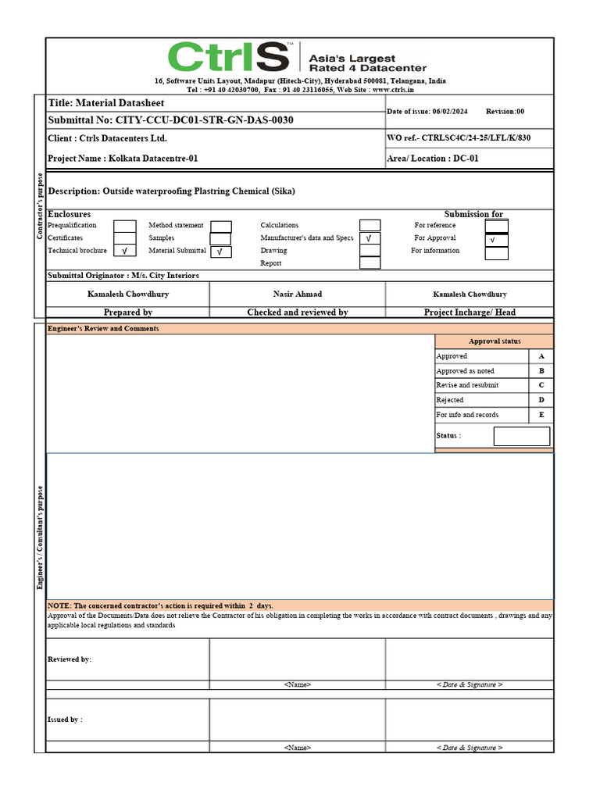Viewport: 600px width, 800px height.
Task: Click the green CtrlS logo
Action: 229,58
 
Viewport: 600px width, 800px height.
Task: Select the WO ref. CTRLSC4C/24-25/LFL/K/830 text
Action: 459,138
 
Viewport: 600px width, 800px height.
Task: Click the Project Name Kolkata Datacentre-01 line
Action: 123,159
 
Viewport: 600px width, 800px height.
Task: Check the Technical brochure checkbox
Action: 125,251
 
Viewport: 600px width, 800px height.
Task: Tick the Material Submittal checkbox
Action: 221,252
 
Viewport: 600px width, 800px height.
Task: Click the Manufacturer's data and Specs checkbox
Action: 370,238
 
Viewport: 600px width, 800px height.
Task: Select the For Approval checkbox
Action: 496,239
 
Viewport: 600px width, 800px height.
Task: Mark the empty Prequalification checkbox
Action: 125,226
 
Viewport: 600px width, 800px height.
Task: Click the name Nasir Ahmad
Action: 297,295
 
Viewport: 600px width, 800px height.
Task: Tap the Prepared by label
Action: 127,312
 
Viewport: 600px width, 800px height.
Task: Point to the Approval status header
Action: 494,341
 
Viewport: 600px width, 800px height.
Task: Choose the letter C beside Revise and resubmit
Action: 541,385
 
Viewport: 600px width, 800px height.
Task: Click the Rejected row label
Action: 450,400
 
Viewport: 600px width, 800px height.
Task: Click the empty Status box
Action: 521,436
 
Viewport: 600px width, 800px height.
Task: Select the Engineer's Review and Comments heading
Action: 103,329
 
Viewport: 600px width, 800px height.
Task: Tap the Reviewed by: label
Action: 70,659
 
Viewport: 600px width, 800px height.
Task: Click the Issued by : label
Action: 65,720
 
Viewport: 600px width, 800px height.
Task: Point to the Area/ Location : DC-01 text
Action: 433,159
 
